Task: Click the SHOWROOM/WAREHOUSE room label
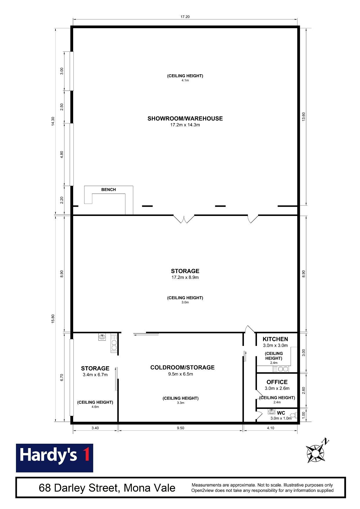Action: tap(185, 118)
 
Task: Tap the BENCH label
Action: tap(109, 189)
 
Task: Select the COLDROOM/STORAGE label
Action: tap(182, 367)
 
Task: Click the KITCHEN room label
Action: tap(275, 339)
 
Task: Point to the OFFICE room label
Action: tap(277, 382)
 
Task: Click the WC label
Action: tap(281, 413)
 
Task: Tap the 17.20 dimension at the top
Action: tap(185, 17)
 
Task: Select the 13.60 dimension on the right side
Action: tap(304, 116)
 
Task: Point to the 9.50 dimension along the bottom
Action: tap(180, 428)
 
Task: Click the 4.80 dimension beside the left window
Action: tap(62, 155)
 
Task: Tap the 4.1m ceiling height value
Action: tap(185, 80)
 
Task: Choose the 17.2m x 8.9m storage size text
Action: tap(185, 277)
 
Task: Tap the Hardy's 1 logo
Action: tap(55, 458)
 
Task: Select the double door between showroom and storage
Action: tap(184, 219)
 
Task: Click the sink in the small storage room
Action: tap(102, 337)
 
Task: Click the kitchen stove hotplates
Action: tap(114, 344)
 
